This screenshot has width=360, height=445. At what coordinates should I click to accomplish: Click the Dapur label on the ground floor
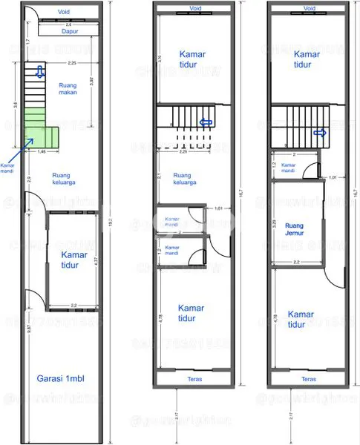tap(71, 31)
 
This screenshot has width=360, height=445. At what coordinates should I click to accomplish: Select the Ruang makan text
tap(68, 90)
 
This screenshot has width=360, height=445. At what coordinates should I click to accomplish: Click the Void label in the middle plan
tap(195, 10)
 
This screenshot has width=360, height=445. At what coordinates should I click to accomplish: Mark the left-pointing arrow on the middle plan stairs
tap(206, 123)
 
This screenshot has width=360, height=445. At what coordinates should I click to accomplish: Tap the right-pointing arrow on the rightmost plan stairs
tap(321, 133)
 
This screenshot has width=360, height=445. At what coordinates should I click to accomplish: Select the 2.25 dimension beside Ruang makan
tap(71, 63)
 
